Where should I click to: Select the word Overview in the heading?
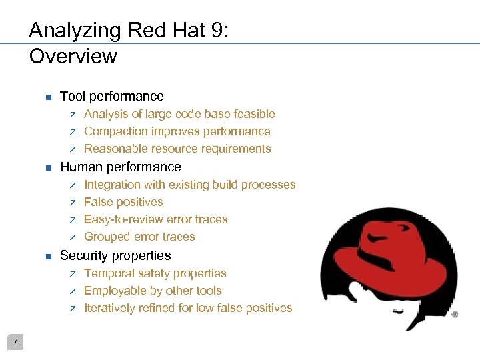click(73, 56)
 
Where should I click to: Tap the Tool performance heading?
click(111, 96)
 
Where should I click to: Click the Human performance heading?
click(120, 167)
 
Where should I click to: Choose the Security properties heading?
click(115, 255)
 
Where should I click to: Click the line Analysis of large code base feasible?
click(179, 114)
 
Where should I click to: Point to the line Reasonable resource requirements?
click(177, 149)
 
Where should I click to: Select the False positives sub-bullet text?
click(123, 202)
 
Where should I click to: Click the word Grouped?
click(106, 237)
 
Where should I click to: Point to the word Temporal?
click(109, 273)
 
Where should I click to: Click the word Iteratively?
click(109, 308)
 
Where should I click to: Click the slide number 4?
click(17, 343)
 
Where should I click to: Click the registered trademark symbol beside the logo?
click(455, 314)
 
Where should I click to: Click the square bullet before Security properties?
click(47, 257)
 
